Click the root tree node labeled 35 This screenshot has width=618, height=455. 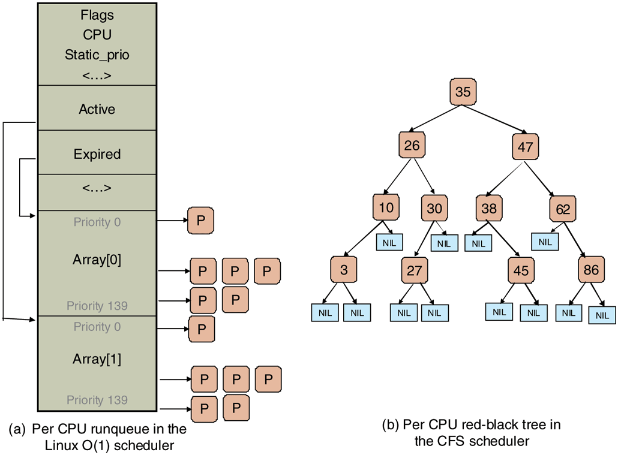[x=463, y=92]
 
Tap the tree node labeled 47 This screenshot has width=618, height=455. [x=525, y=147]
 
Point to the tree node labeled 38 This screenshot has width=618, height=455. [x=490, y=209]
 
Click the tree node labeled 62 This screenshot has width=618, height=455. [x=562, y=209]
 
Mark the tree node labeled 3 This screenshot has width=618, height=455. [x=344, y=270]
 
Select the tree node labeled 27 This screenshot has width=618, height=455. [x=415, y=270]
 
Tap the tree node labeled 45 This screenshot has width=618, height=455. [x=521, y=271]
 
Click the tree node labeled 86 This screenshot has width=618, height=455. [x=591, y=270]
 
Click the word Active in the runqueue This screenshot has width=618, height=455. [x=97, y=109]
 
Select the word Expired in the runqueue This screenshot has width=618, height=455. [x=97, y=154]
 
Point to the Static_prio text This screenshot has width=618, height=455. [x=97, y=55]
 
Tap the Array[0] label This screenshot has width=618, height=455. [x=97, y=261]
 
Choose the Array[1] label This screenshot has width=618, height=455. [x=97, y=358]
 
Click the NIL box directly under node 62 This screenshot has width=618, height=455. [x=545, y=242]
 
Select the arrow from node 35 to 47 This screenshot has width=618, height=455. [x=496, y=120]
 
